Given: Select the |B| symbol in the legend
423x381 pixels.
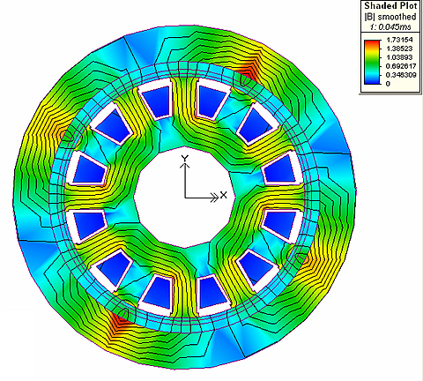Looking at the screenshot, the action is point(368,17).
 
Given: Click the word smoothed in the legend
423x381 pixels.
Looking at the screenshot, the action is point(397,17).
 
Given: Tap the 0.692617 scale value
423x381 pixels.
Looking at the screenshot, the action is point(400,66).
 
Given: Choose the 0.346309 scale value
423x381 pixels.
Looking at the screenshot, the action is point(400,75).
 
